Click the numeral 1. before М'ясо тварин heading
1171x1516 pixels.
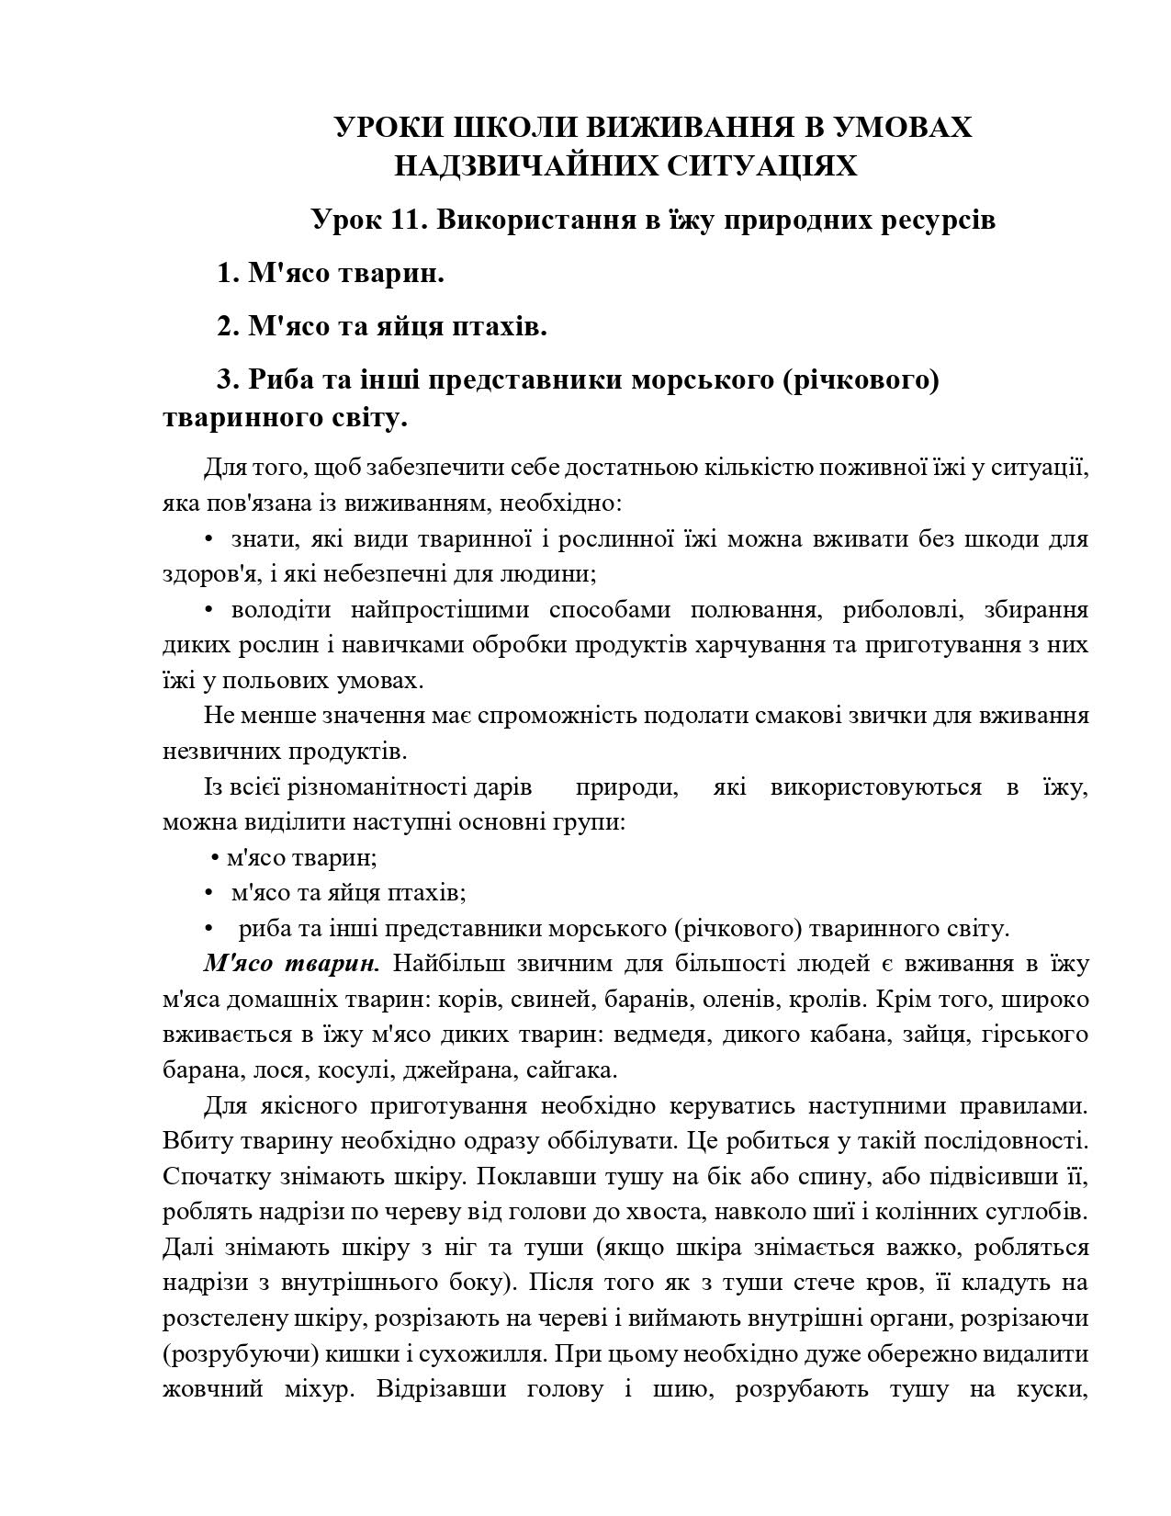229,274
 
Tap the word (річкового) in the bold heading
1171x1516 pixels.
861,379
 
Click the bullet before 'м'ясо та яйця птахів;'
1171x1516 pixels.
208,893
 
